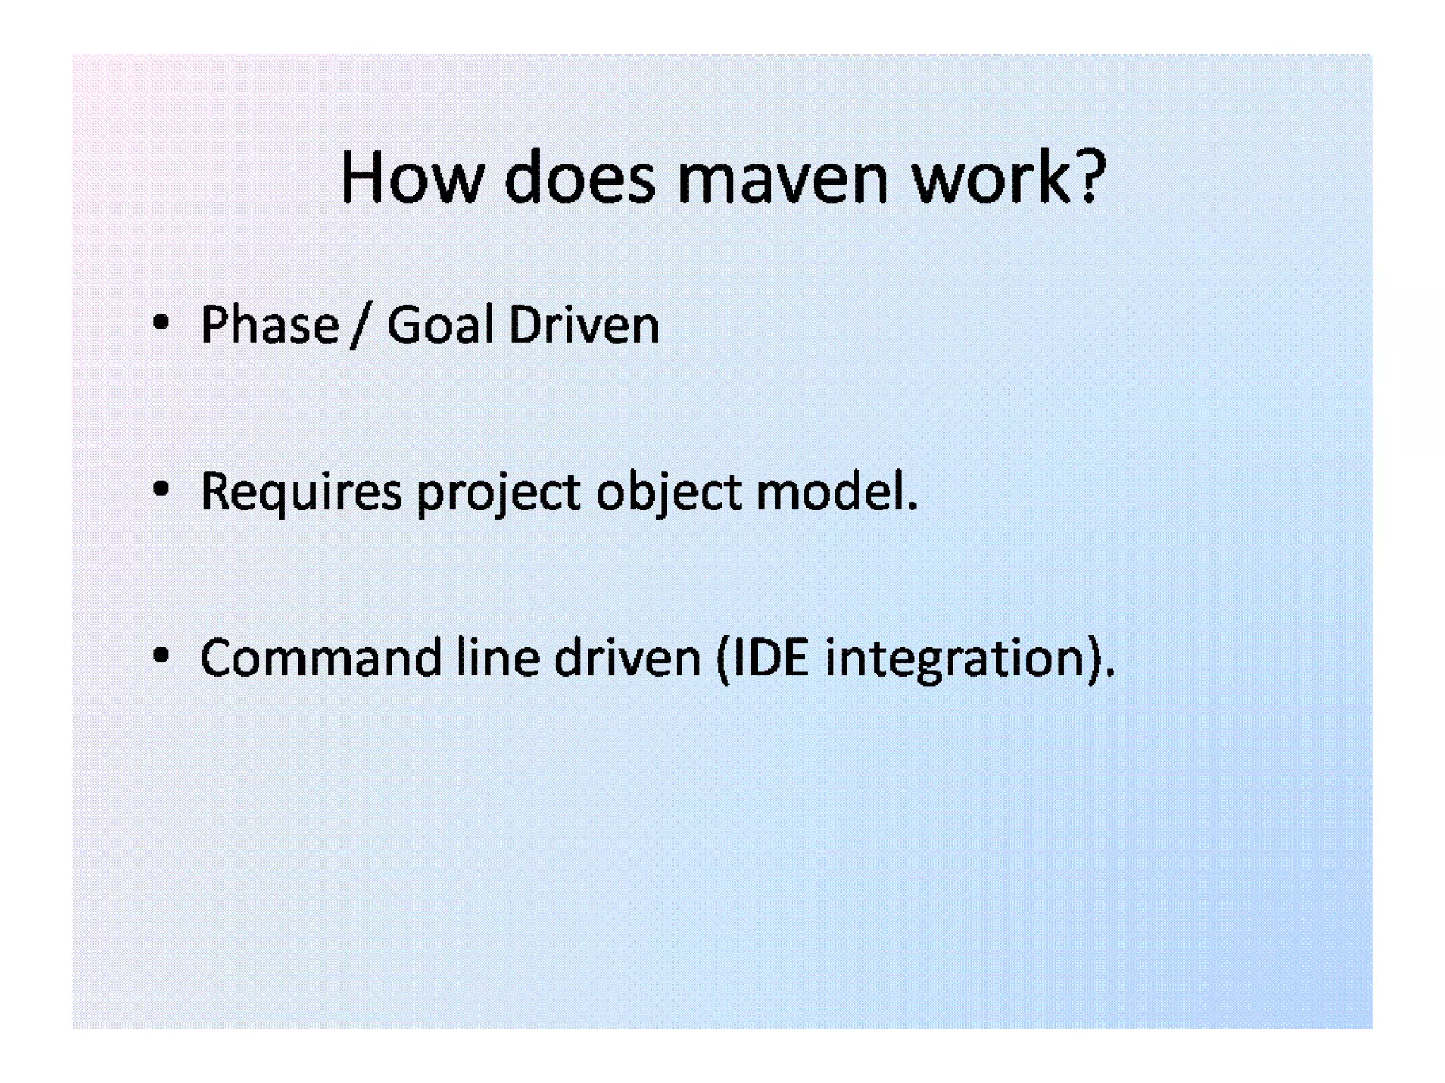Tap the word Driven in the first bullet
pos(584,325)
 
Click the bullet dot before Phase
pos(161,324)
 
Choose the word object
pos(668,492)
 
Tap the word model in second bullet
pos(830,491)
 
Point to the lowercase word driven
pos(627,658)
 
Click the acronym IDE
pos(770,658)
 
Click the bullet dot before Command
pos(161,656)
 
